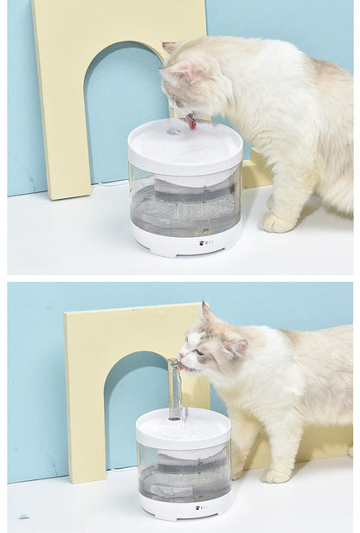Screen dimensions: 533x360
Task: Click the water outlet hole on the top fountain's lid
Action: click(x=174, y=132)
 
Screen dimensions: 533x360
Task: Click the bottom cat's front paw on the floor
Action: click(x=276, y=475)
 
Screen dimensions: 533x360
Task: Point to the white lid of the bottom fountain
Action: click(x=183, y=427)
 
